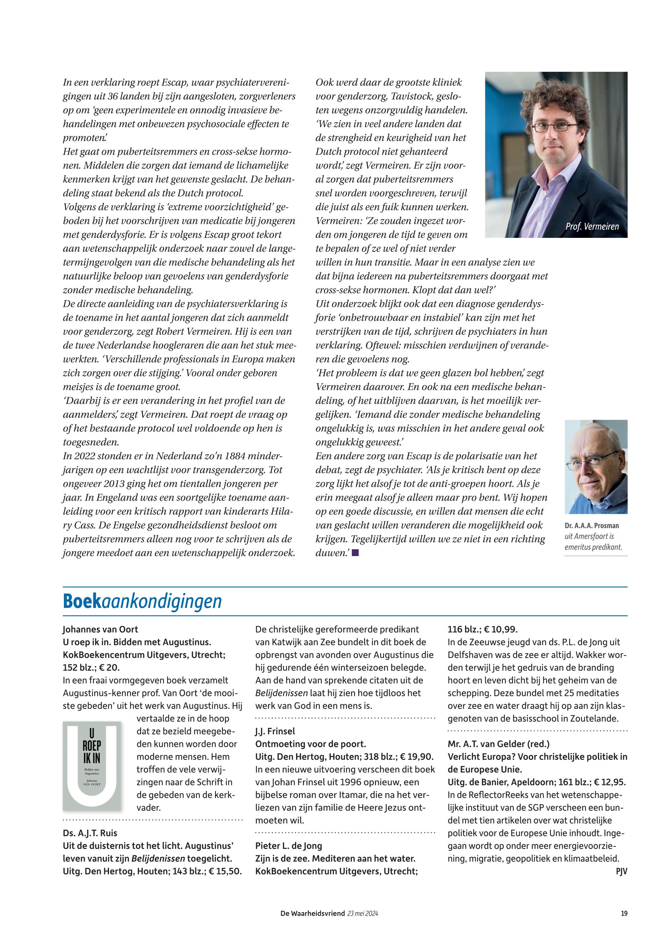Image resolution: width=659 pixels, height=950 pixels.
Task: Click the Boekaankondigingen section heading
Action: [x=142, y=601]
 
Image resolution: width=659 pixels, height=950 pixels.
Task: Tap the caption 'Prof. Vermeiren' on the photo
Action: [x=592, y=226]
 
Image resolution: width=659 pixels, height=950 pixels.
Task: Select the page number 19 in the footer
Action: [x=624, y=913]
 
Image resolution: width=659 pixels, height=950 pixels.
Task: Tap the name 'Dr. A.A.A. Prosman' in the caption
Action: [x=592, y=526]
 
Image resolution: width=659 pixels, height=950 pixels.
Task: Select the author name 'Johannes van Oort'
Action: [x=100, y=629]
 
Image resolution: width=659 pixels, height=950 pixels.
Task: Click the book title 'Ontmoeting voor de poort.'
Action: [x=310, y=744]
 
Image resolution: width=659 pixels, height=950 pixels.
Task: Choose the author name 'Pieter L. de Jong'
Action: [x=289, y=846]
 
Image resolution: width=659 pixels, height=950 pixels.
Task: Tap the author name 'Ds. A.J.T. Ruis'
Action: [x=90, y=833]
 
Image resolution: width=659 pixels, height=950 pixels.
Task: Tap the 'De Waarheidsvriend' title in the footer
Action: [x=313, y=913]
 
